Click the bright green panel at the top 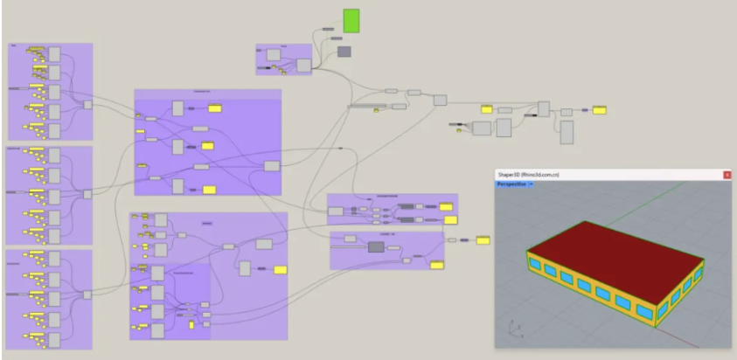coord(351,21)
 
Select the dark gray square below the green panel coord(344,52)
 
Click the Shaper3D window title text coord(528,176)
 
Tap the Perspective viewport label coord(511,184)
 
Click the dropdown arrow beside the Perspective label coord(532,184)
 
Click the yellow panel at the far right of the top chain coord(600,110)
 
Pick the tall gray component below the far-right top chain coord(567,132)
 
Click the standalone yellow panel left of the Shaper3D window coord(483,240)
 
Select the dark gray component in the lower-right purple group coord(377,248)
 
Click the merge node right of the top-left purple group coord(87,105)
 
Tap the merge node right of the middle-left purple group coord(87,194)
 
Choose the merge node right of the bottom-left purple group coord(87,295)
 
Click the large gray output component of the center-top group coord(272,166)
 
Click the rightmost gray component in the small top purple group coord(304,65)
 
